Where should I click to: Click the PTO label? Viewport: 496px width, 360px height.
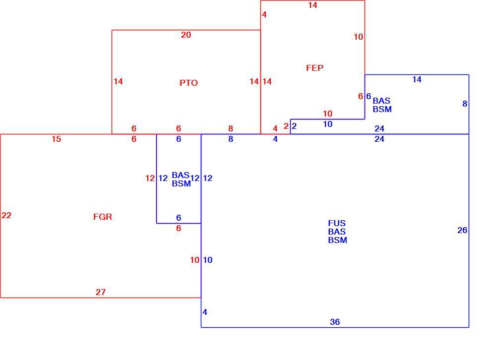[x=188, y=83]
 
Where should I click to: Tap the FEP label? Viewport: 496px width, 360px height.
[x=314, y=68]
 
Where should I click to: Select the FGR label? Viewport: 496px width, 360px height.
[x=103, y=217]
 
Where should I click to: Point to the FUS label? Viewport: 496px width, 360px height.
[x=337, y=223]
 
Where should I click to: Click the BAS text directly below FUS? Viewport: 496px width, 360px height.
[x=337, y=232]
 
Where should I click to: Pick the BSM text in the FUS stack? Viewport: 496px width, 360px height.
[x=337, y=240]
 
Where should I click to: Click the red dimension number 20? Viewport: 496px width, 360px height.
[x=186, y=35]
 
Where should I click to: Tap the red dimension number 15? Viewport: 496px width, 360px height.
[x=57, y=139]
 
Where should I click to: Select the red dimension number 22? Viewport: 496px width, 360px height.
[x=6, y=215]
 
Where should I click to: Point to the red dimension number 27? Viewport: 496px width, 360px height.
[x=101, y=292]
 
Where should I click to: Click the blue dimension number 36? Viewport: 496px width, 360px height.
[x=335, y=322]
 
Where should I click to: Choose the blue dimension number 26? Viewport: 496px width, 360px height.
[x=462, y=230]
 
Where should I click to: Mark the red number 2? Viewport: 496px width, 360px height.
[x=286, y=126]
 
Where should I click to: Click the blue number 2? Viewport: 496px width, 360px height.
[x=294, y=126]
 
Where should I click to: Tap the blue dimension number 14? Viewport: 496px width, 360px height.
[x=417, y=79]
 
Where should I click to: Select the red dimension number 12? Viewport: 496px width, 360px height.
[x=150, y=178]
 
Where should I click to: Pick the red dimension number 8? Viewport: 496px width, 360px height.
[x=231, y=128]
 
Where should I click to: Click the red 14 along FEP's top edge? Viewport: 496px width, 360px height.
[x=312, y=5]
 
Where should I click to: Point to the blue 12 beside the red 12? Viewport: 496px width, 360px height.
[x=163, y=178]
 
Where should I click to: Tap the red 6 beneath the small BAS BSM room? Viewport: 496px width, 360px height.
[x=179, y=228]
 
